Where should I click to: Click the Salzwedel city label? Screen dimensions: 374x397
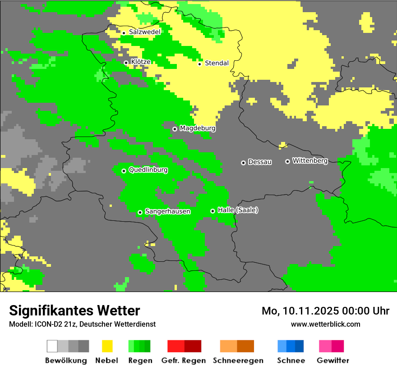click(144, 32)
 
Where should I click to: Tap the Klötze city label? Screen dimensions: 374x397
click(140, 62)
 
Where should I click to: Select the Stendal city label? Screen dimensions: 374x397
click(217, 63)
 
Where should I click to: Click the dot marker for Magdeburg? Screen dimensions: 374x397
click(175, 129)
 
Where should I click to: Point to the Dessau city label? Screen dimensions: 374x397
click(260, 162)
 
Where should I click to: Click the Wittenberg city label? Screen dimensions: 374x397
click(310, 161)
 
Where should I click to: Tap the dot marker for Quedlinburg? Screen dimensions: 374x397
click(124, 171)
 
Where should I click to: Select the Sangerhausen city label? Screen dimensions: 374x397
click(167, 211)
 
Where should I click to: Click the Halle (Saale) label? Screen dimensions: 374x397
click(238, 210)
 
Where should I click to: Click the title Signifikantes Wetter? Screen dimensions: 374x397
click(74, 310)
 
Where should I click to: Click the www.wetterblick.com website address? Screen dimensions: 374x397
click(325, 324)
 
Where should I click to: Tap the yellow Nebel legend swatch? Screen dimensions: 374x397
click(107, 346)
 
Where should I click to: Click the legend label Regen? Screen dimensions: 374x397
click(139, 360)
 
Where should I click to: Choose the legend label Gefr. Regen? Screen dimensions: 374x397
click(184, 360)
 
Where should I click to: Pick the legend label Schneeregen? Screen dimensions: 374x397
click(238, 360)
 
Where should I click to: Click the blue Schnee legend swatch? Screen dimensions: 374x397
click(291, 346)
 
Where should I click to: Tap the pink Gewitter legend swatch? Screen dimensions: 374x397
click(332, 346)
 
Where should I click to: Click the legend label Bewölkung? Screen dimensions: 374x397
click(66, 360)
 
